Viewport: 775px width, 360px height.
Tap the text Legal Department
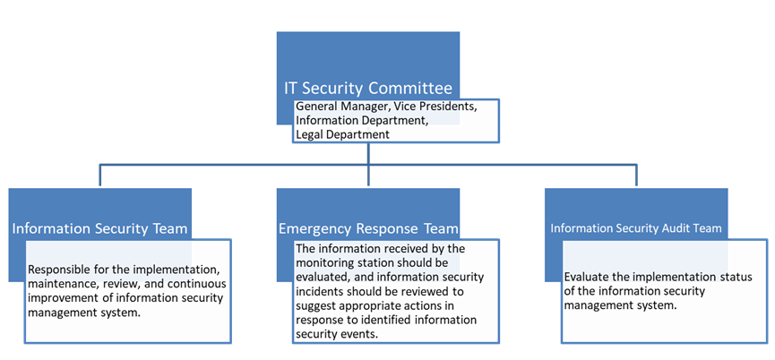[x=342, y=134]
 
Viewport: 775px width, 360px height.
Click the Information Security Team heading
[x=99, y=228]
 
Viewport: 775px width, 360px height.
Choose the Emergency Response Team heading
[x=369, y=228]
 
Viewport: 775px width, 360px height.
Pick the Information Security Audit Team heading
[x=636, y=228]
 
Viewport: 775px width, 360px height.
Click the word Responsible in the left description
[x=63, y=269]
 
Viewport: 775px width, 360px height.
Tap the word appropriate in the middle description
[x=366, y=305]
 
